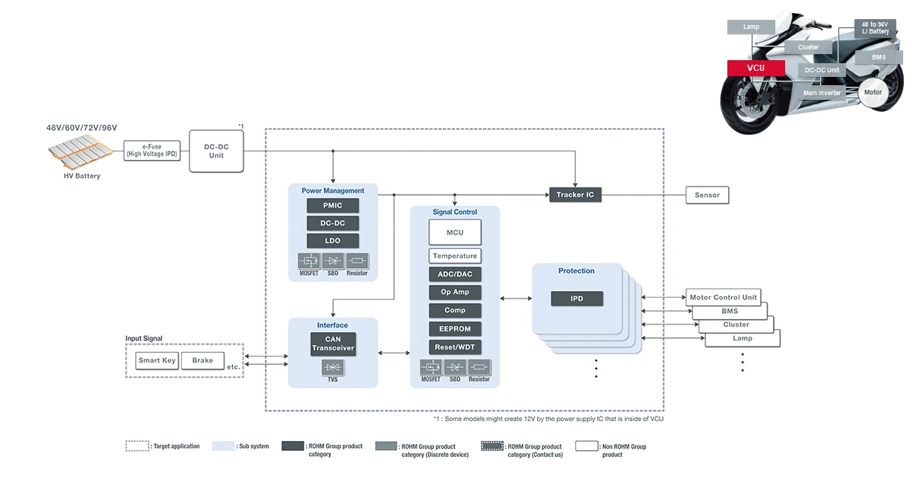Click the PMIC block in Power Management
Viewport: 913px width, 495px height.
point(333,206)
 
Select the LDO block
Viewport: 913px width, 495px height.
point(333,241)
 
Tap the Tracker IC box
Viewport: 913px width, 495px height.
point(575,195)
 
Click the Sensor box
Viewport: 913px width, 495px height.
point(707,195)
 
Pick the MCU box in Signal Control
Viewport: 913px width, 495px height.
point(455,232)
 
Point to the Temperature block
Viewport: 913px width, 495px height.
point(455,256)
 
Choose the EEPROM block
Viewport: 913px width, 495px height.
point(455,329)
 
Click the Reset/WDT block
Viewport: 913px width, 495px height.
point(455,347)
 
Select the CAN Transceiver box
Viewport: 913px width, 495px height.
point(333,343)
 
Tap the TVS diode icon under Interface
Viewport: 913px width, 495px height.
point(333,368)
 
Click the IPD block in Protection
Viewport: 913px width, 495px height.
point(577,299)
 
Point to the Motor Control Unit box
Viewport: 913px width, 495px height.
point(723,297)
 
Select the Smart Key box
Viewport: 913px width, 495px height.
point(157,360)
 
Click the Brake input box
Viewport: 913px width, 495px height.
point(202,360)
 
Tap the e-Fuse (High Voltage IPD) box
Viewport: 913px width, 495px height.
point(153,149)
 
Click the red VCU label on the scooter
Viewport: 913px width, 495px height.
point(756,68)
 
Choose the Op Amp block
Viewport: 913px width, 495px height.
point(455,292)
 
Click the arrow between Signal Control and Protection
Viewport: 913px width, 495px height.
point(517,299)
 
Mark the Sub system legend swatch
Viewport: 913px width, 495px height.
point(224,446)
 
